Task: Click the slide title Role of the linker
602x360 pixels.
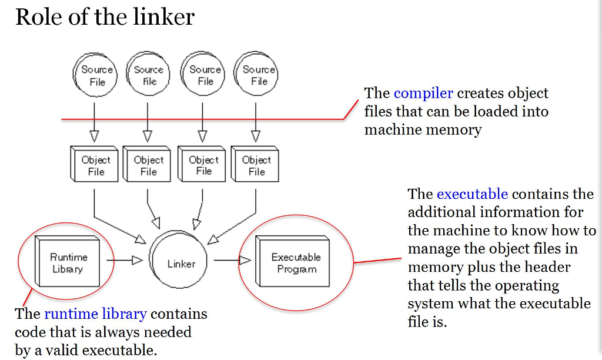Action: [x=105, y=17]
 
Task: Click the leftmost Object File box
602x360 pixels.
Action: [x=94, y=165]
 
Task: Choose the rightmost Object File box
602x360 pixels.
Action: [x=255, y=165]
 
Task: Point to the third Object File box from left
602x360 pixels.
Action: [x=202, y=165]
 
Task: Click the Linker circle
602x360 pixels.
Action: [x=180, y=264]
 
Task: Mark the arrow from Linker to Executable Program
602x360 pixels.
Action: [x=232, y=260]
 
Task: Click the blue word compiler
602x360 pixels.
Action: [x=423, y=93]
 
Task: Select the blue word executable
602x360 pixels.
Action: [x=472, y=194]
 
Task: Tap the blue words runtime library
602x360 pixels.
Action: [x=95, y=314]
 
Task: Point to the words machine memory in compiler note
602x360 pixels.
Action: [x=423, y=129]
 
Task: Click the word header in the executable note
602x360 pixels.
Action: [x=547, y=267]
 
